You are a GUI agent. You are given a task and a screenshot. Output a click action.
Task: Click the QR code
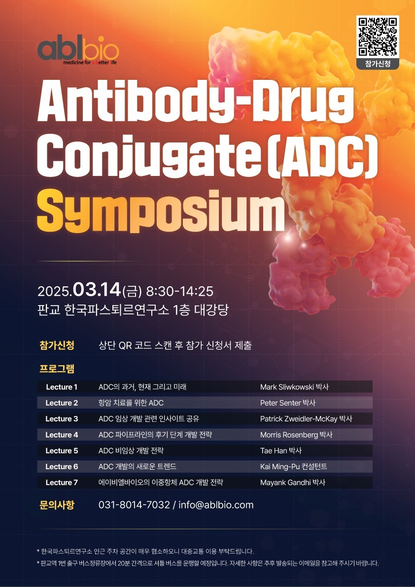[x=378, y=36]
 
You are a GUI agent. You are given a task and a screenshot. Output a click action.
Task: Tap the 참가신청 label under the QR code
[x=378, y=64]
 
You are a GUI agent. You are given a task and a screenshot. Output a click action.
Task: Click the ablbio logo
[x=78, y=51]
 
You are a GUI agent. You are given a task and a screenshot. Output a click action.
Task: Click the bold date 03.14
[x=98, y=290]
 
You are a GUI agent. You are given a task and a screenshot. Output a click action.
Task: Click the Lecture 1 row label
[x=62, y=387]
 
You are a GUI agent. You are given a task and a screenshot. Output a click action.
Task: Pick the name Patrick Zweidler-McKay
[x=299, y=419]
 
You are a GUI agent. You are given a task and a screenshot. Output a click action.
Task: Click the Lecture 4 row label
[x=62, y=435]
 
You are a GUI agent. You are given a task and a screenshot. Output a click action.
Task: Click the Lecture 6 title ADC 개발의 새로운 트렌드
[x=138, y=467]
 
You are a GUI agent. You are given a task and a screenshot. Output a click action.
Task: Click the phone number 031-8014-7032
[x=134, y=505]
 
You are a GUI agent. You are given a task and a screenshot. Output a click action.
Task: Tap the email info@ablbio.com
[x=216, y=505]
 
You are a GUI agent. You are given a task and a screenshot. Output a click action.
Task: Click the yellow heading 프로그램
[x=57, y=369]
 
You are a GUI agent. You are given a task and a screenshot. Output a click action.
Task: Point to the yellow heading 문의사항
[x=57, y=505]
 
